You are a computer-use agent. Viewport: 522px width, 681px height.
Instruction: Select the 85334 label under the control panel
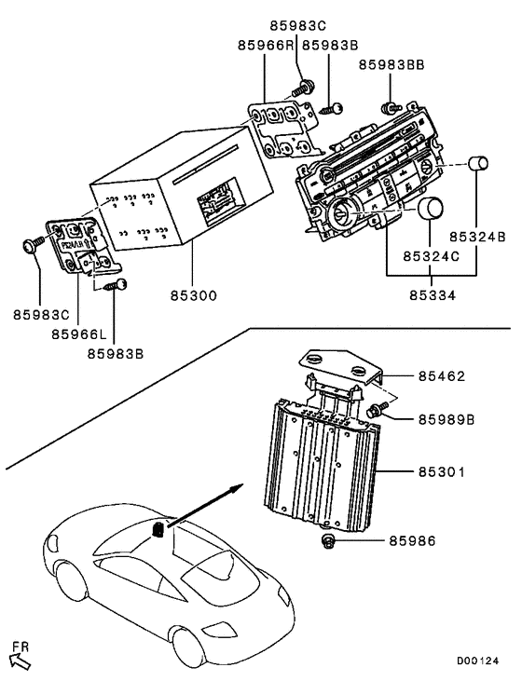pos(432,295)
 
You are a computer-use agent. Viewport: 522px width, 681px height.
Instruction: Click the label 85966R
pos(265,44)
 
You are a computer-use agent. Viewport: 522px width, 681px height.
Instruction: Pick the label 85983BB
pos(391,63)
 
